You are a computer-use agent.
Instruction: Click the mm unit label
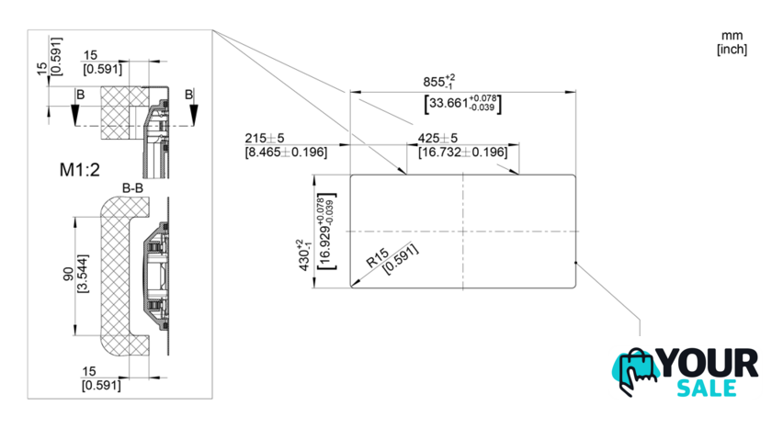pos(732,35)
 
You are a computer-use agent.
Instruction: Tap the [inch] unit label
pos(732,49)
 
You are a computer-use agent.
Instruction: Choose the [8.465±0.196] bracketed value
pos(286,152)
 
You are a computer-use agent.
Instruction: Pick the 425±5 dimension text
pos(438,138)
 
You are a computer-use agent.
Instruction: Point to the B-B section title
pos(134,187)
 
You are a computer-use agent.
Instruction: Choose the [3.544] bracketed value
pos(84,276)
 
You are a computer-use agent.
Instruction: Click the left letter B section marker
pos(81,95)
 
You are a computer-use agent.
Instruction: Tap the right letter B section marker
pos(188,95)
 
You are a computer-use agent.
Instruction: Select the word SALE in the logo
pos(708,388)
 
